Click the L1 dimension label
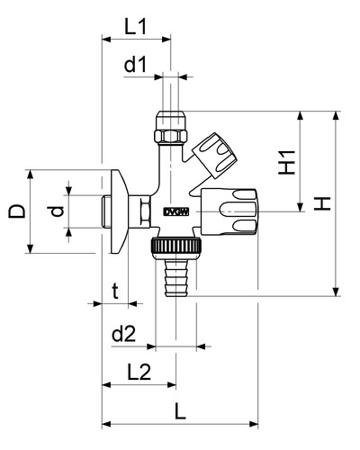[136, 27]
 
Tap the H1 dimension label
[287, 162]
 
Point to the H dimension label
[322, 203]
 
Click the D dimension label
[16, 211]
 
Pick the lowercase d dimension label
[56, 211]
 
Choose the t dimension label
[115, 292]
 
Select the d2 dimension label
[124, 334]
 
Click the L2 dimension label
[139, 372]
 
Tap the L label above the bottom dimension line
[180, 411]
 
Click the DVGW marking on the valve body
[176, 212]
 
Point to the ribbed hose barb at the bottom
[176, 278]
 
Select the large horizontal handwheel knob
[229, 211]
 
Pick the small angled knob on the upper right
[214, 156]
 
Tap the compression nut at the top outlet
[171, 128]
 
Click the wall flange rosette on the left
[120, 211]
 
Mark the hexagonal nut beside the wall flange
[146, 211]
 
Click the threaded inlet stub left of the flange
[106, 211]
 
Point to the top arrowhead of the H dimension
[336, 116]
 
